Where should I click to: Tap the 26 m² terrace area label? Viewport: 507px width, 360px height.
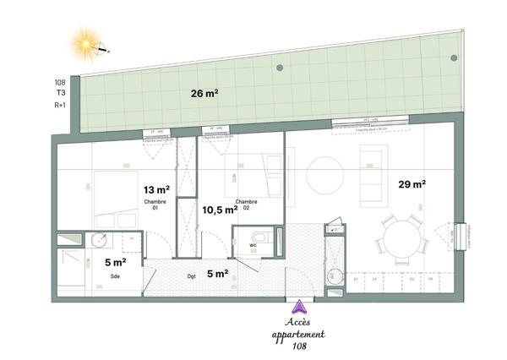click(x=205, y=94)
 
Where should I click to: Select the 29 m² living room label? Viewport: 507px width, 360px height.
click(x=412, y=183)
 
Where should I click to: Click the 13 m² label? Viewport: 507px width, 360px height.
click(x=155, y=190)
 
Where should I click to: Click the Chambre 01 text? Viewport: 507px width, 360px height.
click(x=155, y=205)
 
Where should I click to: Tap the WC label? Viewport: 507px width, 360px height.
click(x=253, y=245)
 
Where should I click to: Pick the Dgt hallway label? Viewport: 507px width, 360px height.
click(x=191, y=275)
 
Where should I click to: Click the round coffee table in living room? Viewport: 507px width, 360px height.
click(x=325, y=176)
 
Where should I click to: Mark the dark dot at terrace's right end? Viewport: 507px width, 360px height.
click(x=454, y=58)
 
